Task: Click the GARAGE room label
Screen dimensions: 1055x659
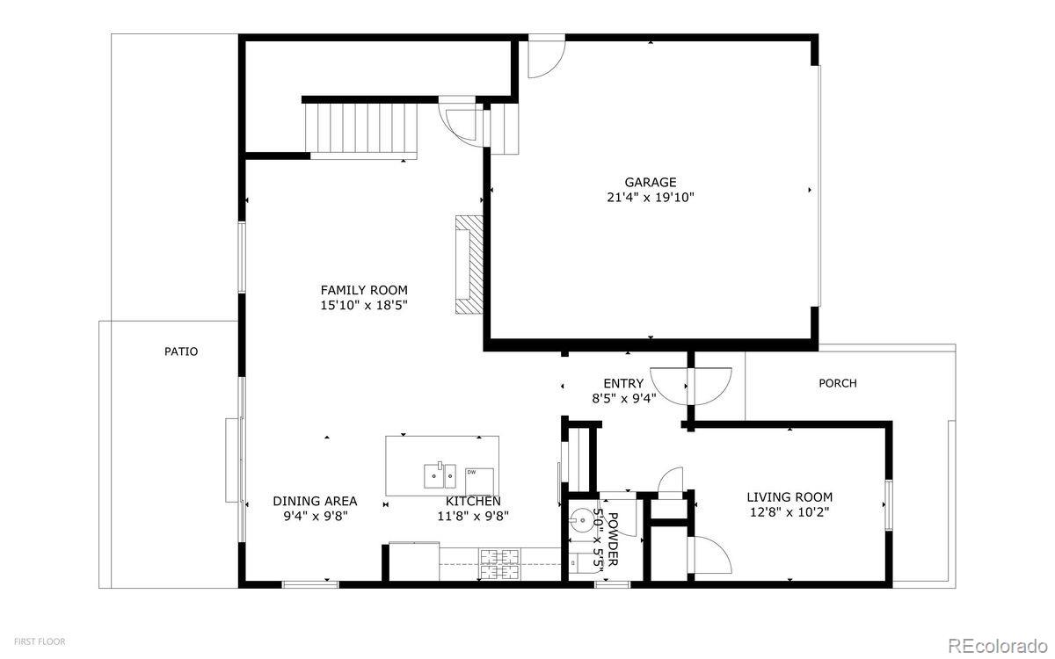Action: tap(651, 182)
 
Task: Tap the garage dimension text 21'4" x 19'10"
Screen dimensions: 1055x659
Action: tap(651, 197)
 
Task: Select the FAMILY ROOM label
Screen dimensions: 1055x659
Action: tap(364, 290)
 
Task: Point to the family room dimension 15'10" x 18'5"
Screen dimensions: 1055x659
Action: tap(364, 306)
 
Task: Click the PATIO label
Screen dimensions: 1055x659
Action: tap(181, 351)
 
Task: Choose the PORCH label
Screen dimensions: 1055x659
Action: tap(837, 383)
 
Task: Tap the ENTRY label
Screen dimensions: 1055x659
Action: tap(623, 383)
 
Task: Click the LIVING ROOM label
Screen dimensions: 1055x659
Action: tap(789, 497)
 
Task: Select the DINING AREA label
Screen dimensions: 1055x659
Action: tap(315, 501)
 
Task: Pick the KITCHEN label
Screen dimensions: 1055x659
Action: tap(473, 502)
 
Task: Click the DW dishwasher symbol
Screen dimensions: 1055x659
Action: tap(479, 482)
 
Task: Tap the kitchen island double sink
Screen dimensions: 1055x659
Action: tap(440, 476)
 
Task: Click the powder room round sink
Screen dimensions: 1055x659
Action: tap(582, 520)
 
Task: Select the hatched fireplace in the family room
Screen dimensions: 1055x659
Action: tap(469, 264)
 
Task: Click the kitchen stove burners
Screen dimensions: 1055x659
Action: tap(499, 564)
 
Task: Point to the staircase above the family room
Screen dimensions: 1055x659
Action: tap(361, 131)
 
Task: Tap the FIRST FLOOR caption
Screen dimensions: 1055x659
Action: tap(40, 641)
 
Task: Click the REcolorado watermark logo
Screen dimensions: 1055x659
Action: tap(998, 645)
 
